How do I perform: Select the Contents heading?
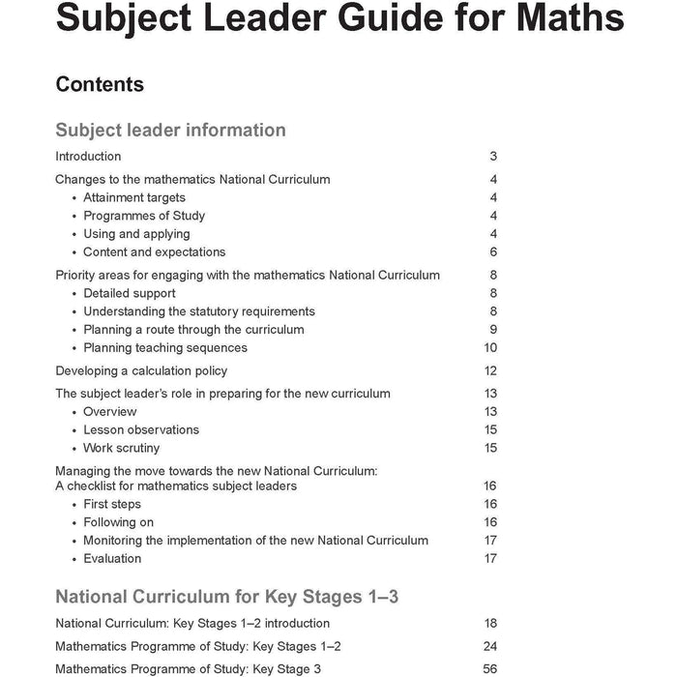100,84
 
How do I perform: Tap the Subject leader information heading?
170,130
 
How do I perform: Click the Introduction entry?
88,157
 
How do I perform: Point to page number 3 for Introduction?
493,157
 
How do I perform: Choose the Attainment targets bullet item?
134,197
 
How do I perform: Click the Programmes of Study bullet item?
144,216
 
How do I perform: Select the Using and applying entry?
136,234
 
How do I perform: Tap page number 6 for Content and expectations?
493,252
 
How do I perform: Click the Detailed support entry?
130,293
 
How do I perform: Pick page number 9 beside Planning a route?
493,330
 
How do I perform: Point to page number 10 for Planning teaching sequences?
490,348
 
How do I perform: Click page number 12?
490,371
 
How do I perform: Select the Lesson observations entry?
141,429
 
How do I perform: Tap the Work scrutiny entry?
122,448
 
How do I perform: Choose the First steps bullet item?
112,504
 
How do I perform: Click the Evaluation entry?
112,559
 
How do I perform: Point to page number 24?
490,646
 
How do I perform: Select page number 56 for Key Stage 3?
490,669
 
